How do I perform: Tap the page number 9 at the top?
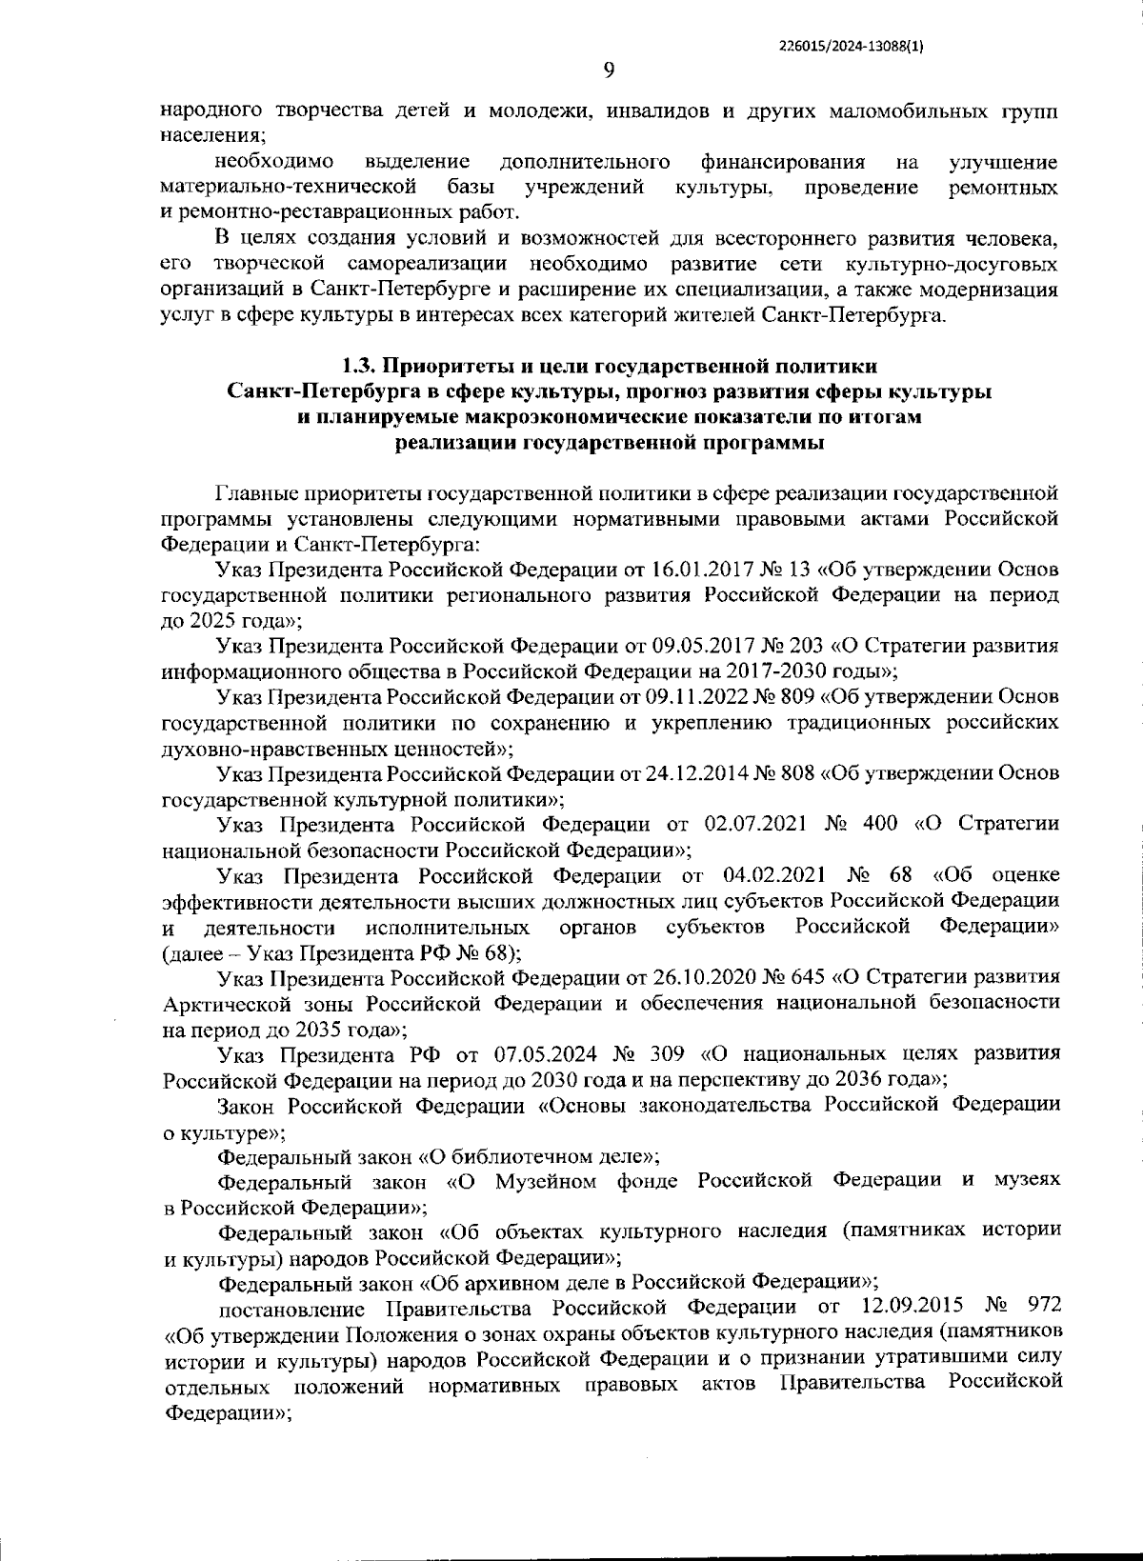point(610,70)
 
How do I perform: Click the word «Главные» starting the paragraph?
point(256,493)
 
